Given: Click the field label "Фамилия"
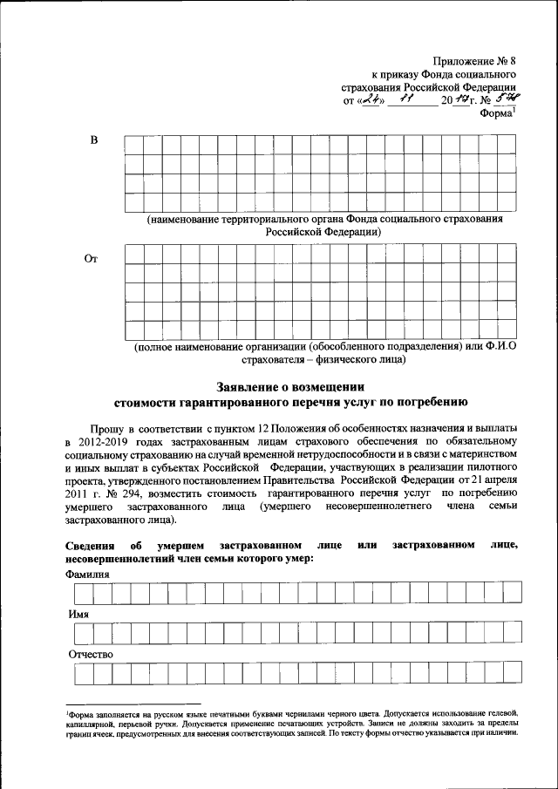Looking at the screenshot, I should point(88,575).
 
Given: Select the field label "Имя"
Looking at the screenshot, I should point(78,614).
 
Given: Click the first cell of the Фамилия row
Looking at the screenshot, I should point(84,594).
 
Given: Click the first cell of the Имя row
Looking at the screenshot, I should point(84,633).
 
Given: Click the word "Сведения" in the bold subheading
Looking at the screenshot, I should point(90,546).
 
